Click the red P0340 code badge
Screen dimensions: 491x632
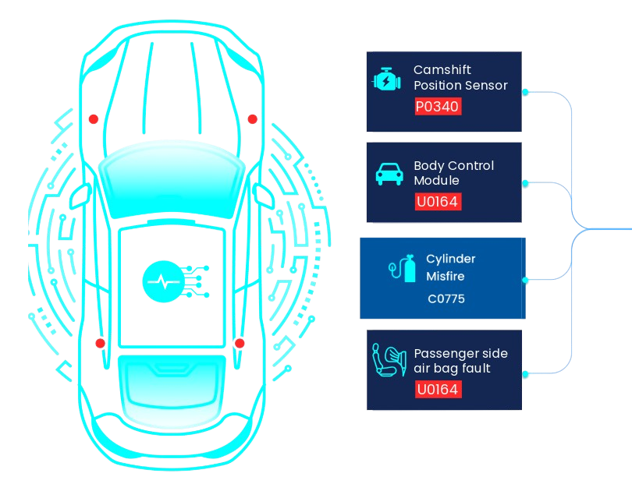point(438,106)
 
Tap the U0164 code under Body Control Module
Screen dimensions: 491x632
point(438,202)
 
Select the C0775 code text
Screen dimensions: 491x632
point(446,298)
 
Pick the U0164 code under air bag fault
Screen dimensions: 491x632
point(438,389)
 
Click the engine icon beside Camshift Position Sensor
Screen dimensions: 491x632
point(387,80)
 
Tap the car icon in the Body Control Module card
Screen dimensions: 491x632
point(389,175)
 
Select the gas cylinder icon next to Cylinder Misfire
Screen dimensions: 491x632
point(403,270)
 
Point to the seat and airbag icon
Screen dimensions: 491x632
point(389,362)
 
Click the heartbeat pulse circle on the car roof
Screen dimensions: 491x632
point(162,281)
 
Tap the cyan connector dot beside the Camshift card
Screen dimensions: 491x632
point(526,92)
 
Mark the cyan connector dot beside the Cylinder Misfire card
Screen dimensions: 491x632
point(529,278)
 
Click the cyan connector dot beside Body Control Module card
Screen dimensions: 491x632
point(526,184)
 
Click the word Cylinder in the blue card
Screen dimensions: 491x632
point(451,259)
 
